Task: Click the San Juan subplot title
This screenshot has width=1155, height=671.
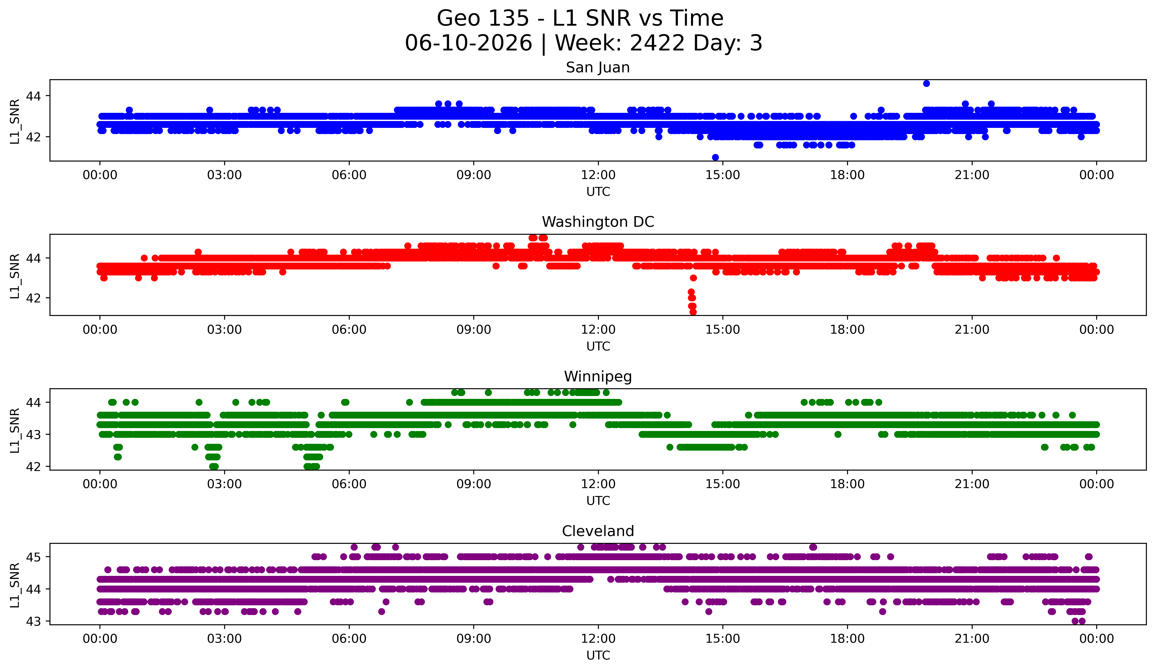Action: (x=598, y=67)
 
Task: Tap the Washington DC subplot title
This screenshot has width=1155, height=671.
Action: (x=598, y=222)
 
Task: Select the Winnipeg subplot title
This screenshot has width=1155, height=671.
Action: (x=598, y=377)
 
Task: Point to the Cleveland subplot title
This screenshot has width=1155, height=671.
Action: (x=598, y=531)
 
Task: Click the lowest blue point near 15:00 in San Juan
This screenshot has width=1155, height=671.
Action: (x=715, y=157)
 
